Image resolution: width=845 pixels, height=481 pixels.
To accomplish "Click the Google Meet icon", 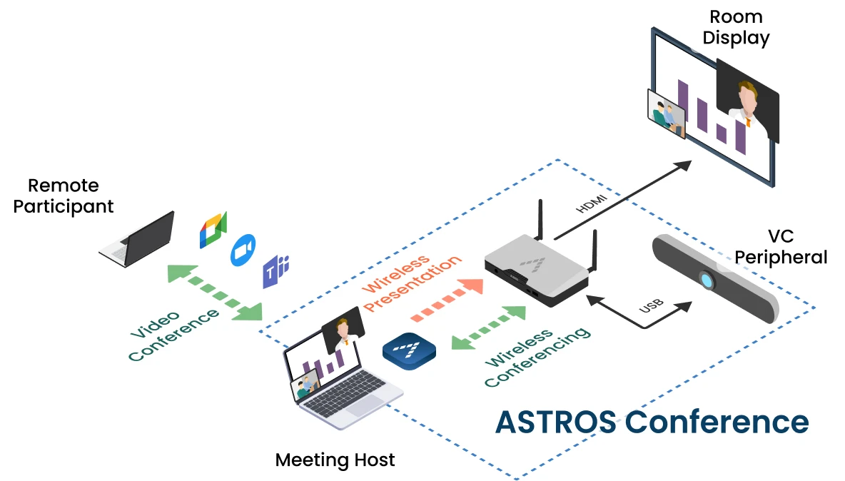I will pos(213,230).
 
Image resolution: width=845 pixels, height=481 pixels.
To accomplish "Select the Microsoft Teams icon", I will pos(275,271).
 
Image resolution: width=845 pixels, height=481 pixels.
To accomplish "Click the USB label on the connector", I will pos(651,303).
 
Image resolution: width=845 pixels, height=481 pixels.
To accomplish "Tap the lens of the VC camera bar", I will pos(707,280).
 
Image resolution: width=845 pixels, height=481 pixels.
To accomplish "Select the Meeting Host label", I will pos(335,460).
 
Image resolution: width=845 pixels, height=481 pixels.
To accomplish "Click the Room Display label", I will pos(736,27).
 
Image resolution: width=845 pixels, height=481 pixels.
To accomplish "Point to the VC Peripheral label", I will pos(783,247).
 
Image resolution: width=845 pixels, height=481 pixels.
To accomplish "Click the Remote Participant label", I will pos(64,196).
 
